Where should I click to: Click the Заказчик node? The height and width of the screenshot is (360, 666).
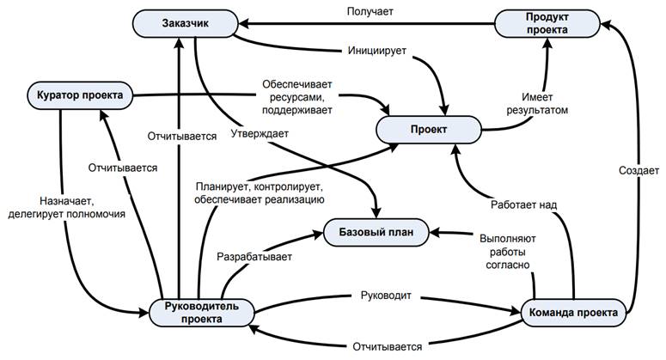pyautogui.click(x=185, y=24)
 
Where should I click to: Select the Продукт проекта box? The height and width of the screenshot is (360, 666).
pyautogui.click(x=547, y=24)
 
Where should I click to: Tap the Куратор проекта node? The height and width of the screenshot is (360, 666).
pyautogui.click(x=80, y=95)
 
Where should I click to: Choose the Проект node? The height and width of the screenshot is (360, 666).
pyautogui.click(x=429, y=130)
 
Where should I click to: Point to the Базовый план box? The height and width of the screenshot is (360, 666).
pyautogui.click(x=376, y=232)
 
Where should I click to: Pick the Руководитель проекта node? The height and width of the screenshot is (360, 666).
pyautogui.click(x=202, y=313)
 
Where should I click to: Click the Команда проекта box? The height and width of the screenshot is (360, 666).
pyautogui.click(x=573, y=313)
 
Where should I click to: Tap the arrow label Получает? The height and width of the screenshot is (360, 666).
pyautogui.click(x=370, y=11)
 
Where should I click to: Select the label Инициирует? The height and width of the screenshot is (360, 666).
pyautogui.click(x=377, y=51)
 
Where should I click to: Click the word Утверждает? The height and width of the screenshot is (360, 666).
pyautogui.click(x=260, y=134)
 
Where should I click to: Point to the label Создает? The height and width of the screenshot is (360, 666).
pyautogui.click(x=639, y=171)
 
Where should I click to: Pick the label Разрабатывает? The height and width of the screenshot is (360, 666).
pyautogui.click(x=254, y=257)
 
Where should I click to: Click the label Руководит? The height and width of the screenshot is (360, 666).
pyautogui.click(x=386, y=296)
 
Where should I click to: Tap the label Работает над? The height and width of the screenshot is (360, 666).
pyautogui.click(x=523, y=205)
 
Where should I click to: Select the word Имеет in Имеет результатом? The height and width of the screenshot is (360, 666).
pyautogui.click(x=537, y=97)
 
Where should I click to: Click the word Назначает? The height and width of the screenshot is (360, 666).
pyautogui.click(x=66, y=200)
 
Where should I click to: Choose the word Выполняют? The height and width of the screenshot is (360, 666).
pyautogui.click(x=508, y=239)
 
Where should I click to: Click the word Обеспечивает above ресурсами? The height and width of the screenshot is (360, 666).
pyautogui.click(x=296, y=84)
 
